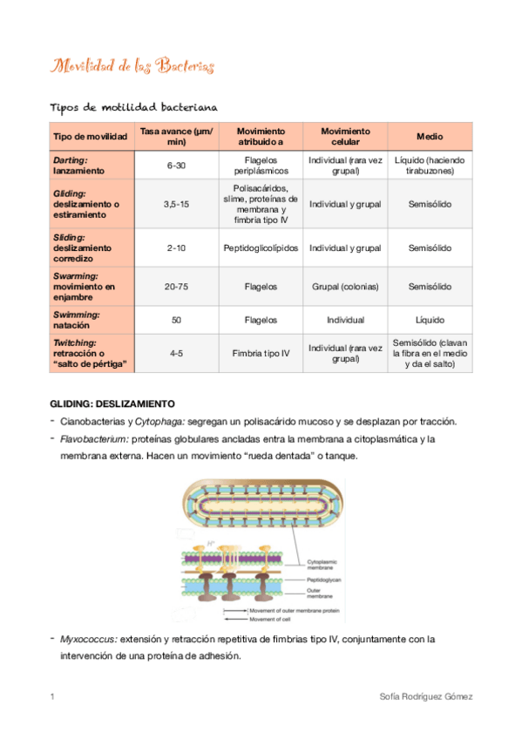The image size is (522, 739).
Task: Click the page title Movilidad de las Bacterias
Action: point(133,66)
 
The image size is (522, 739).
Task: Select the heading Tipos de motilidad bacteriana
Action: point(133,106)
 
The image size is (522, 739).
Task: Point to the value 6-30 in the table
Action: point(176,166)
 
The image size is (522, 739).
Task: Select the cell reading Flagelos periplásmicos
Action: point(261,166)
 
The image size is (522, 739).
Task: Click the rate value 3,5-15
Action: point(176,204)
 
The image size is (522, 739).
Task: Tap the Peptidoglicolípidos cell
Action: point(261,248)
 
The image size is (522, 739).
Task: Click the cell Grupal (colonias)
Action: point(345,286)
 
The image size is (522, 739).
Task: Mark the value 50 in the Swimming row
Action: point(176,320)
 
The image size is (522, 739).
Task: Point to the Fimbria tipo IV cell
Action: point(261,353)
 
